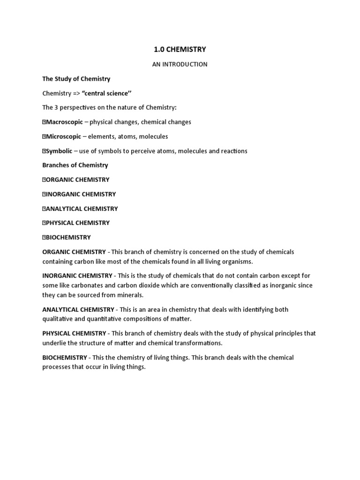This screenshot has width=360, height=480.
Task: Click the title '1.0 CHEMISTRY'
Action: point(180,49)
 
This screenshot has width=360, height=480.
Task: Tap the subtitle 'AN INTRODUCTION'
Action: point(180,64)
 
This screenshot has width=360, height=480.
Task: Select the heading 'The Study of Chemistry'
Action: point(76,79)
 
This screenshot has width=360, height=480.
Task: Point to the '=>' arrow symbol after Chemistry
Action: point(77,93)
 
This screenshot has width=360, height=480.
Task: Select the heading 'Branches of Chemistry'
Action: point(75,165)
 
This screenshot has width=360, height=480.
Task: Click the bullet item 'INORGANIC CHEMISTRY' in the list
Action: point(81,194)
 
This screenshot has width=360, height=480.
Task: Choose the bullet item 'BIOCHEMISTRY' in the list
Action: point(68,237)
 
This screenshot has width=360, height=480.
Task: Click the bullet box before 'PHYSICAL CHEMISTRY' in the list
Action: point(44,223)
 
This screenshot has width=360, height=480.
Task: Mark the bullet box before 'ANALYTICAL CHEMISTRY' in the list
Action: point(44,209)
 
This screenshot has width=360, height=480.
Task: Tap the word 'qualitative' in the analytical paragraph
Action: point(58,319)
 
